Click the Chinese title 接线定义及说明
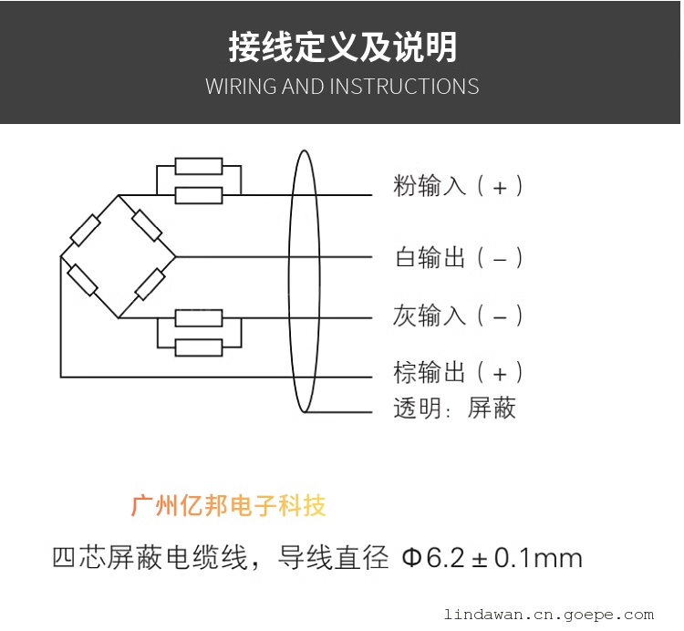click(343, 47)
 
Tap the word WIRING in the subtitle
click(242, 86)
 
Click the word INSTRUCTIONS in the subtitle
click(404, 86)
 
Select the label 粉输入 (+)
click(458, 186)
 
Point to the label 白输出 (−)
click(459, 257)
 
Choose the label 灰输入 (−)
click(458, 315)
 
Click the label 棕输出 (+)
click(458, 372)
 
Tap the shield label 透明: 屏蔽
click(454, 409)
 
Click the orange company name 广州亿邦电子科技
click(228, 506)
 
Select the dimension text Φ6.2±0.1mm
click(492, 558)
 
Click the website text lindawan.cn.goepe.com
click(549, 615)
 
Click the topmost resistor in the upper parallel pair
click(199, 166)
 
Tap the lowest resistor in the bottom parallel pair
click(199, 347)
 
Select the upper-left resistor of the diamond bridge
click(86, 230)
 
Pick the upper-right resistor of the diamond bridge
click(147, 225)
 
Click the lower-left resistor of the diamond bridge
click(82, 280)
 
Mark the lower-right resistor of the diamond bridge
click(150, 284)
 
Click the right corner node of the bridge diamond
click(175, 257)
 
